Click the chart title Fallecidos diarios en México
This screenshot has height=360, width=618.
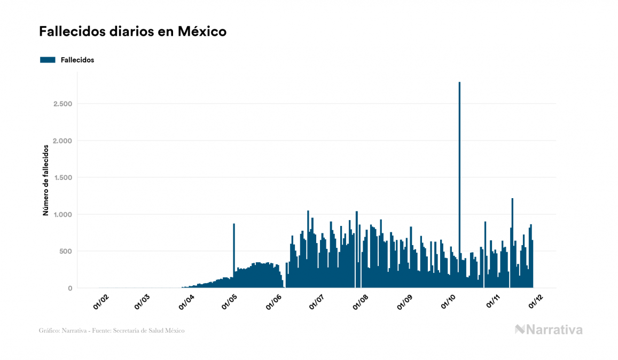point(132,32)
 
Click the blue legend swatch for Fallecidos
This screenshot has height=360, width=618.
point(48,60)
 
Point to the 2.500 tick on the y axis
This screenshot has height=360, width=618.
point(62,104)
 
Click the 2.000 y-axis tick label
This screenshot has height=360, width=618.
point(62,140)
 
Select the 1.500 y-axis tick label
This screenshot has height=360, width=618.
point(62,177)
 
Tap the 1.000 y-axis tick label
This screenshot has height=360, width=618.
point(62,214)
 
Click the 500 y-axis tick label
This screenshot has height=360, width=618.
point(66,251)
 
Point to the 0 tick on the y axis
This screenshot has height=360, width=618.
point(69,288)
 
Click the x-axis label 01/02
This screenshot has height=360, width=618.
point(101,302)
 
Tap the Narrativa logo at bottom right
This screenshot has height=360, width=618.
point(549,330)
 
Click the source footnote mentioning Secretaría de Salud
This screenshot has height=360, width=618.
point(112,331)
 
